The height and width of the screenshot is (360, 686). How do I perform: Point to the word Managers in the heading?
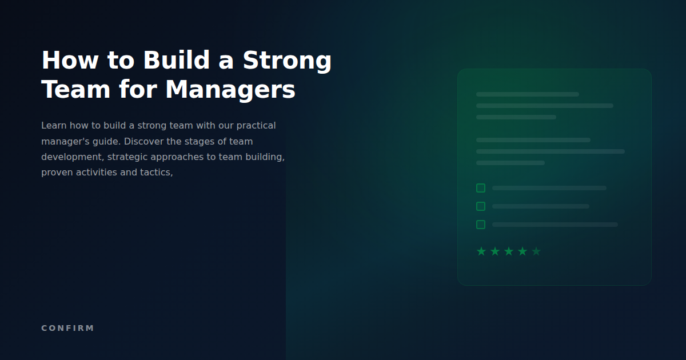[230, 90]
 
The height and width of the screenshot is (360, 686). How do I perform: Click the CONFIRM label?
[67, 328]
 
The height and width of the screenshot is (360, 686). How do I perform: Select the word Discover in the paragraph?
[143, 141]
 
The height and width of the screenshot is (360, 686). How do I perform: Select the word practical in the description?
[256, 125]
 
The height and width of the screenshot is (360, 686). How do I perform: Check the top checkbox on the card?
[481, 188]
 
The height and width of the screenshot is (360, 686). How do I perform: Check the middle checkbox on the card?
[481, 206]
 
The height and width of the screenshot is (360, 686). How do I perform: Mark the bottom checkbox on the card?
[481, 225]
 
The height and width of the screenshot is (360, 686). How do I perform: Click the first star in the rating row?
[481, 251]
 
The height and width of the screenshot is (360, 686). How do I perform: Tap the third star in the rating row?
[509, 251]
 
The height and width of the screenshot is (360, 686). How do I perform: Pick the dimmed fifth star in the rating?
[536, 251]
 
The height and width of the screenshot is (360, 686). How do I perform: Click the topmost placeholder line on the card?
[527, 94]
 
